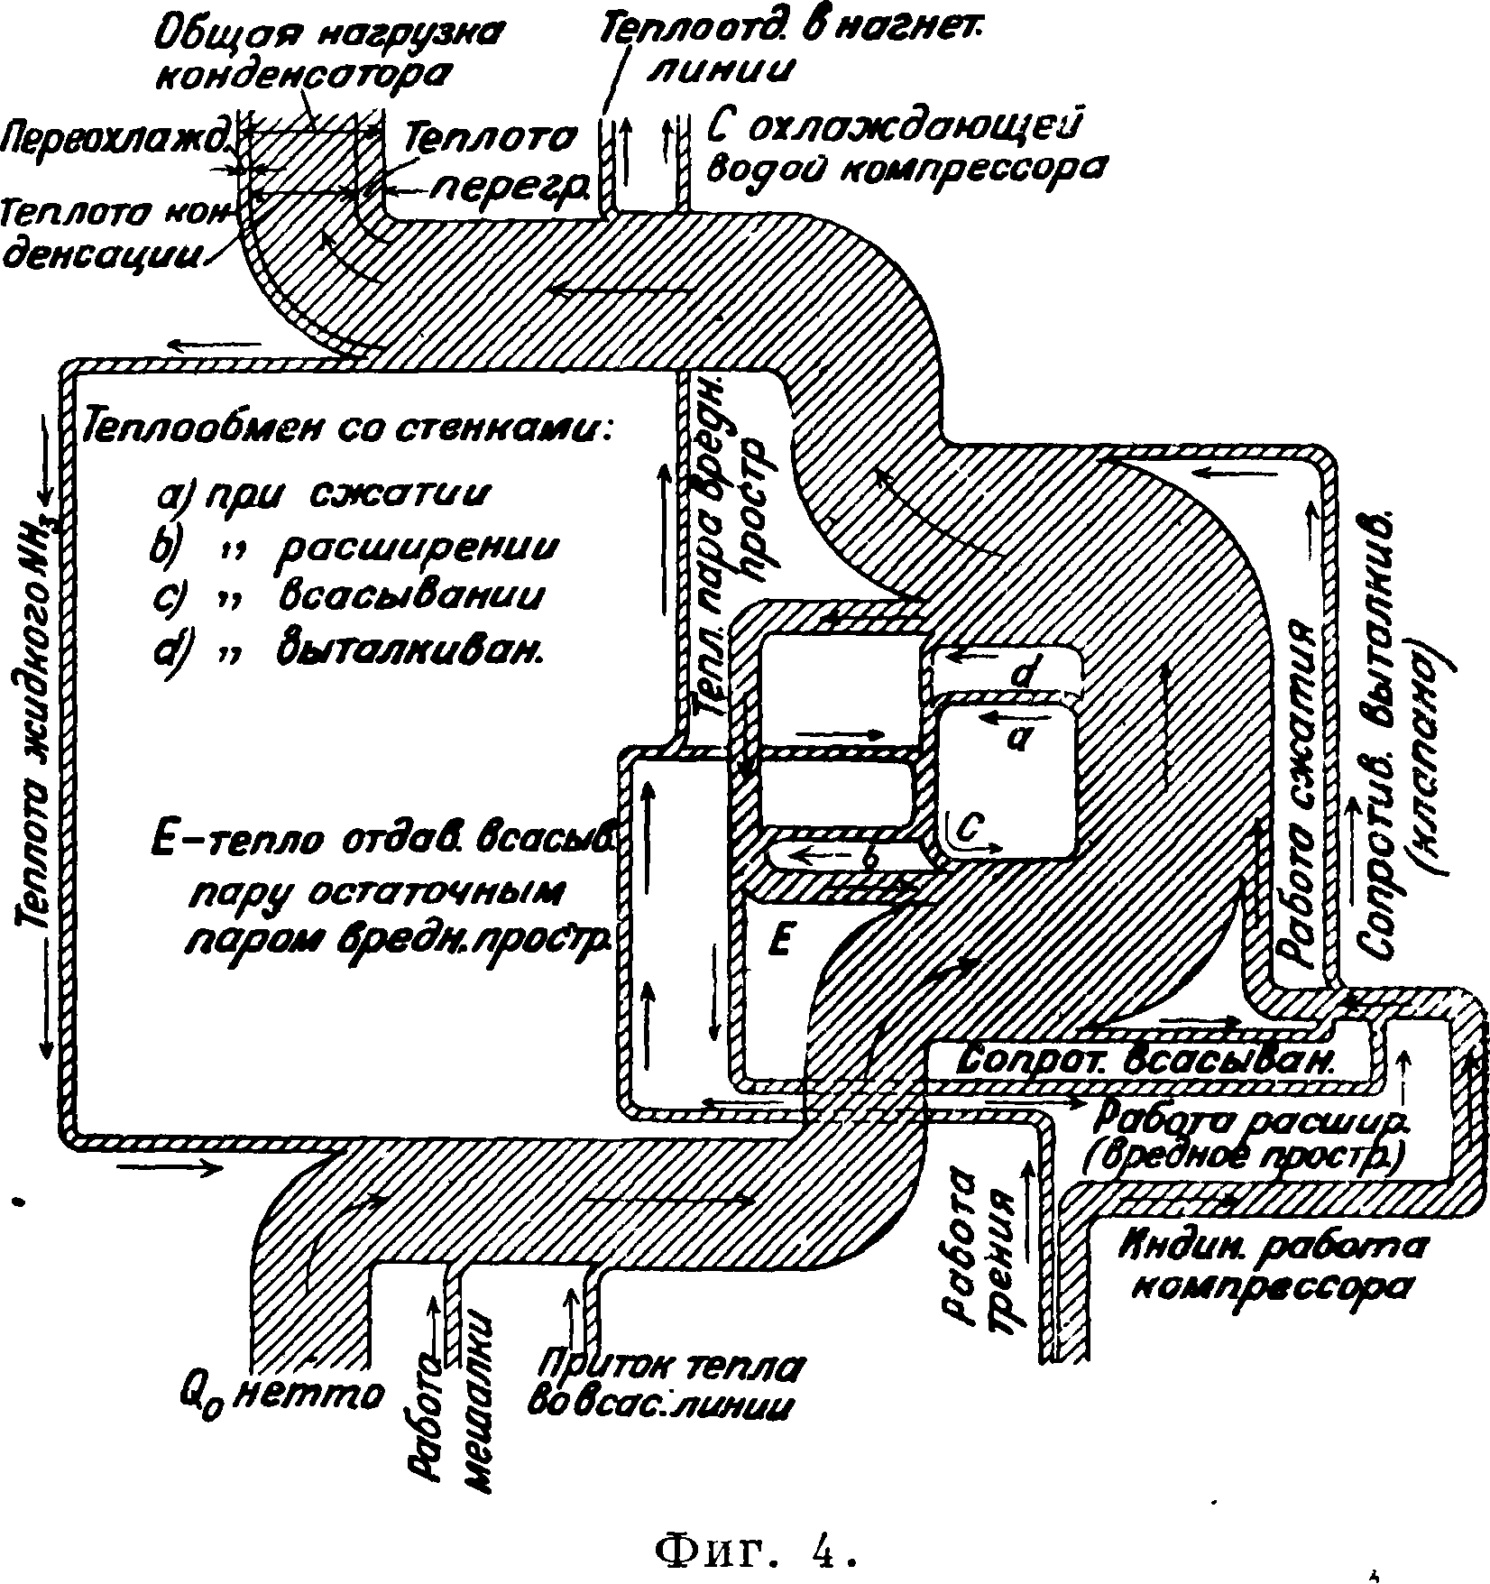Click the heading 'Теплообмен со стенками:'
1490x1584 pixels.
tap(346, 431)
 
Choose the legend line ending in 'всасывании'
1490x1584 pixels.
tap(348, 597)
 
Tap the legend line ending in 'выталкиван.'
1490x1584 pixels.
tap(348, 649)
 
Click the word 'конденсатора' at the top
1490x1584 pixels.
tap(302, 75)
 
